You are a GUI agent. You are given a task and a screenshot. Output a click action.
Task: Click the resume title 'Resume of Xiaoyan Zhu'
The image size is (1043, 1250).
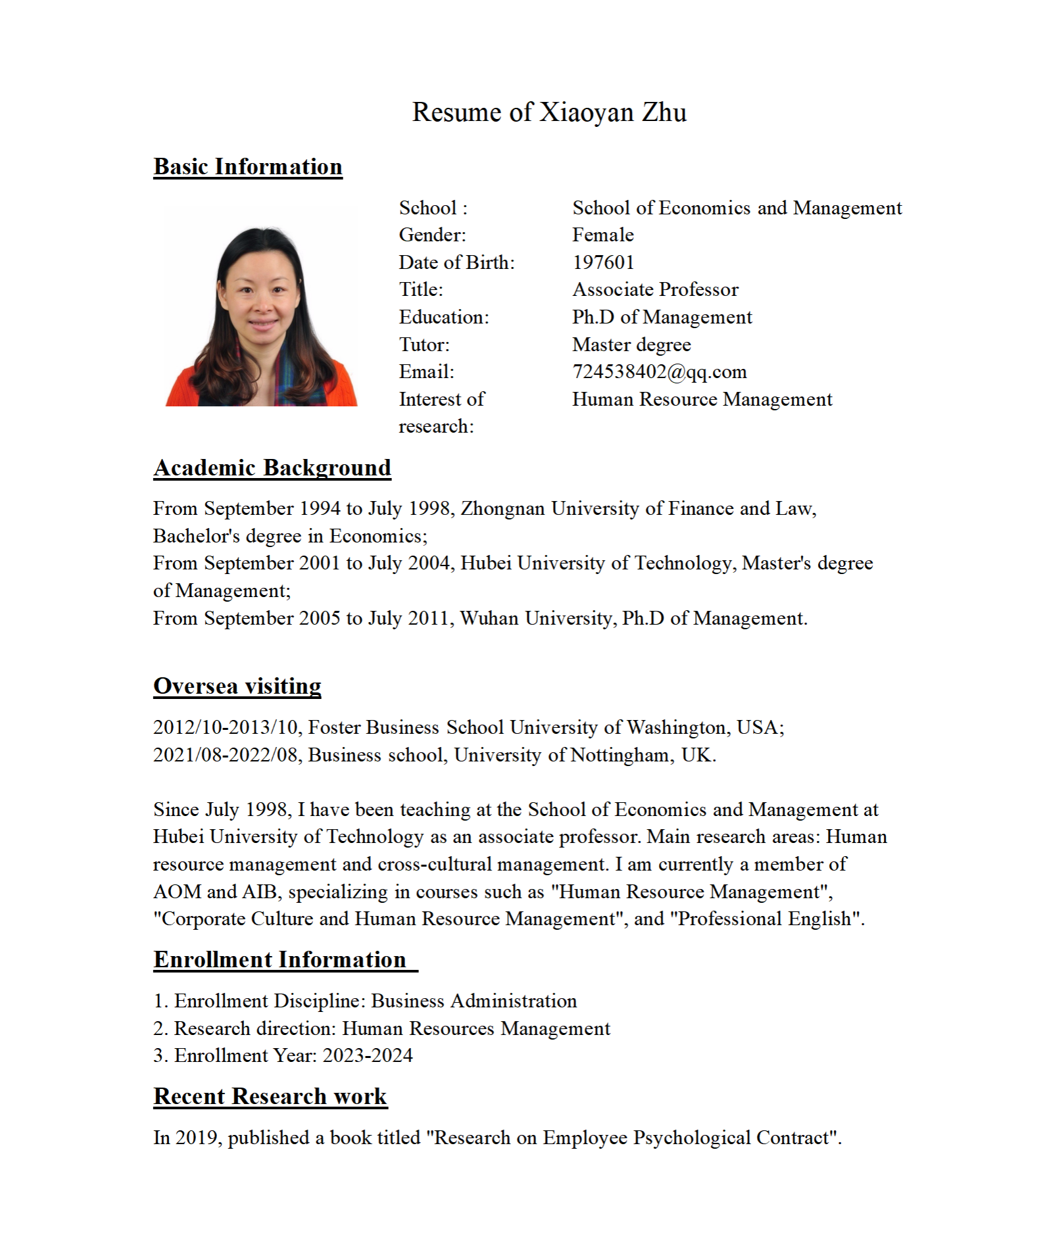click(549, 112)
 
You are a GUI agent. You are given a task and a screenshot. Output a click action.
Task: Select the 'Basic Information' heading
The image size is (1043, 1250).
click(248, 167)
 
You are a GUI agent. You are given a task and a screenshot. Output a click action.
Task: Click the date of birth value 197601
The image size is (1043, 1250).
click(603, 262)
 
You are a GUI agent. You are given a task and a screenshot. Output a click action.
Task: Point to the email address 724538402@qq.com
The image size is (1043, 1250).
click(659, 372)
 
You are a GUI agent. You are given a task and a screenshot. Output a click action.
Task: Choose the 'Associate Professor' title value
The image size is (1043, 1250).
click(655, 290)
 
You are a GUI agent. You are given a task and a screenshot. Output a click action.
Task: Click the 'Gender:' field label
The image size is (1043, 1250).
click(432, 235)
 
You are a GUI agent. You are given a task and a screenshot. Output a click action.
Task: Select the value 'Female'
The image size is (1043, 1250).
click(602, 235)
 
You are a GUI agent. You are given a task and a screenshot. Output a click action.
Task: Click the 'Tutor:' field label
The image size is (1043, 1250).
click(424, 345)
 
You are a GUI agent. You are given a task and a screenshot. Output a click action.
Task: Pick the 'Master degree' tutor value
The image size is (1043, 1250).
click(631, 345)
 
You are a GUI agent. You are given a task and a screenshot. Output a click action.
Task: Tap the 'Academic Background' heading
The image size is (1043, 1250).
click(272, 468)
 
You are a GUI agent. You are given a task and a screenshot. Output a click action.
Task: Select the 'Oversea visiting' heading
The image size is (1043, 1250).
click(237, 686)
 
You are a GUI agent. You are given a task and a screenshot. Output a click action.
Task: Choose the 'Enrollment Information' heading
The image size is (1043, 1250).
click(280, 960)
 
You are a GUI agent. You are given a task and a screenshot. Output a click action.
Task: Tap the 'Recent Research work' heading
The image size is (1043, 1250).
click(270, 1097)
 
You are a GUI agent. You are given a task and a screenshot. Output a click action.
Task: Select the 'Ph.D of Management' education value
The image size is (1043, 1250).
click(662, 318)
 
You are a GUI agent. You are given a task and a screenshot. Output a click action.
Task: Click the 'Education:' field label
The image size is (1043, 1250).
click(444, 318)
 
